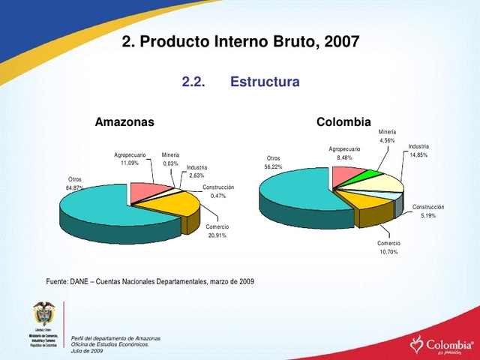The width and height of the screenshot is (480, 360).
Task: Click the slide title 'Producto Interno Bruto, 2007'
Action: (x=240, y=42)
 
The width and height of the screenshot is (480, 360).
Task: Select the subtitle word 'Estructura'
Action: (x=265, y=81)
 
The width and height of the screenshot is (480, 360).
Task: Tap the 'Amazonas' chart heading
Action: (x=124, y=121)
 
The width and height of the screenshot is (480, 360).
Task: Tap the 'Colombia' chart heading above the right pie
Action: (x=343, y=121)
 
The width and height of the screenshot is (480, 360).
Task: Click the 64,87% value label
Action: (x=75, y=187)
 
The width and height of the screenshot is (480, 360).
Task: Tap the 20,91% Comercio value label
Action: (x=217, y=235)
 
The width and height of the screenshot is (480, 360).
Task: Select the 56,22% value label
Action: (x=273, y=166)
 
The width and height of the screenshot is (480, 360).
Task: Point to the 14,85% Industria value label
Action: (x=418, y=154)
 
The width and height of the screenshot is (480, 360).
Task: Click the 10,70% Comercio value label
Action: (x=388, y=252)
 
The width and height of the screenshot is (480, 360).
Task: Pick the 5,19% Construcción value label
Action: (x=428, y=215)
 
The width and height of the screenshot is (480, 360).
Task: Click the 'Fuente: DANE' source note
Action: (x=150, y=281)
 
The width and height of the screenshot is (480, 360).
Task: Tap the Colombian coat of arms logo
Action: (x=43, y=314)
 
